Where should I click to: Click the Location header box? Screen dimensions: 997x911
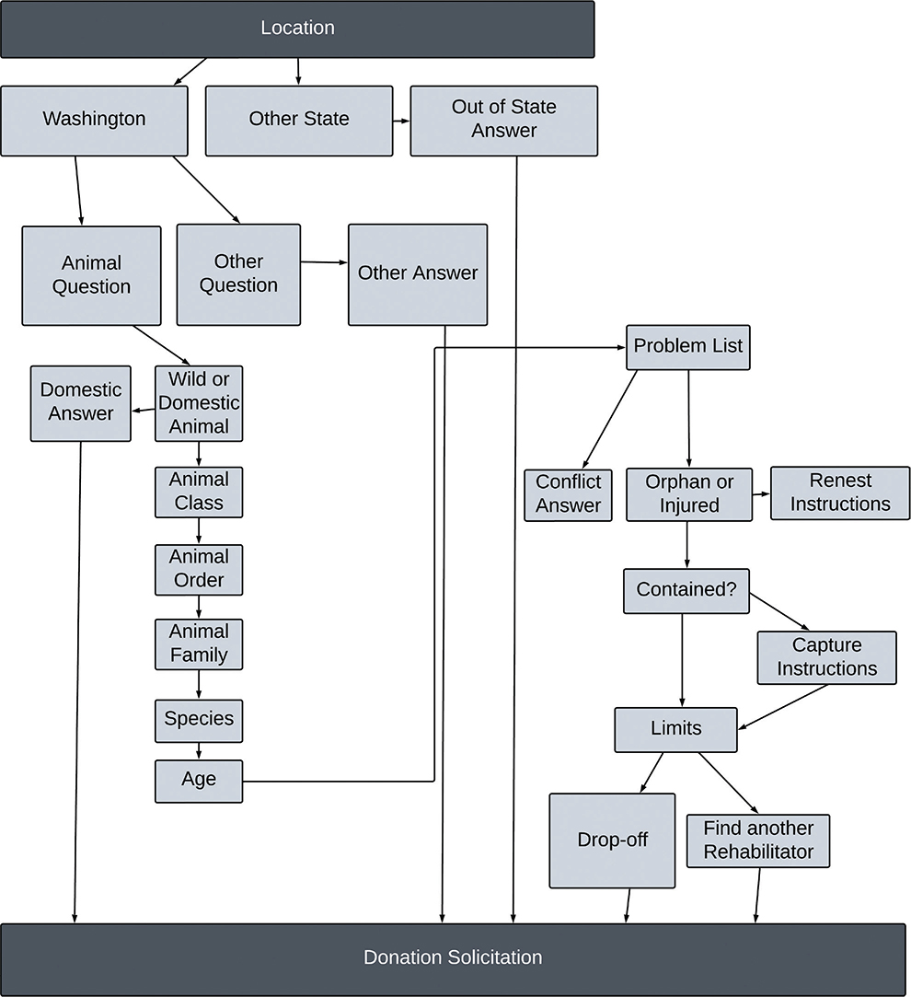click(297, 29)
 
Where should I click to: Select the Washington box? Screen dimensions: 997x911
click(94, 120)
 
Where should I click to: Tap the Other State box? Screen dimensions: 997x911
click(299, 120)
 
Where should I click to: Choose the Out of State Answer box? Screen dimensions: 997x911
click(503, 120)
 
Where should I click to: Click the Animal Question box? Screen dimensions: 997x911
click(91, 274)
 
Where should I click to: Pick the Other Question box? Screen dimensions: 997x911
click(238, 274)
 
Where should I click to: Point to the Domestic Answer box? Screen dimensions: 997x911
click(81, 402)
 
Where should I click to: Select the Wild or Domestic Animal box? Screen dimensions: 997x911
click(199, 403)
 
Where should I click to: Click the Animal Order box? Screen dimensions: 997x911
click(199, 568)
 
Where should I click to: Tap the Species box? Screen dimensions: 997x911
click(199, 718)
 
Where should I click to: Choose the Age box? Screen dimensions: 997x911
click(199, 780)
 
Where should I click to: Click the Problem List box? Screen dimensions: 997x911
click(688, 347)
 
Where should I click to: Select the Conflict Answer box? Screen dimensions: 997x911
click(568, 494)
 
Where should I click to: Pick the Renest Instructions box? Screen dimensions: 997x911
click(839, 493)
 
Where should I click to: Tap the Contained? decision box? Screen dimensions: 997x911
click(686, 590)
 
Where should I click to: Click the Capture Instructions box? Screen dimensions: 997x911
click(826, 657)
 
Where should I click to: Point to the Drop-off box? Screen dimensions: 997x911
click(612, 840)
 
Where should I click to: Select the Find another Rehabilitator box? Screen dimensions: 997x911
click(757, 840)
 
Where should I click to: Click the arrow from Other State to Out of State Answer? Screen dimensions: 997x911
click(401, 121)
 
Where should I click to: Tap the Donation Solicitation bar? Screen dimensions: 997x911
click(453, 958)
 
